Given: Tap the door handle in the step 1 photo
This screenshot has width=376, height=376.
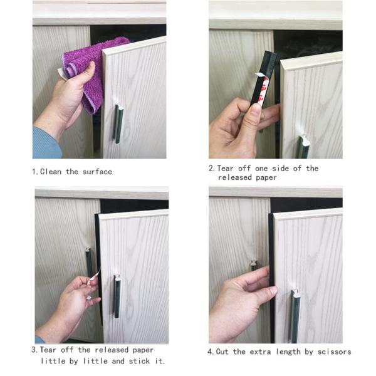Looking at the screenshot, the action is tap(118, 123).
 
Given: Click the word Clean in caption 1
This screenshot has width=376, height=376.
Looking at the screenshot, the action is tap(51, 172).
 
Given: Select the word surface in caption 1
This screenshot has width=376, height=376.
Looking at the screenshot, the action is tap(97, 172).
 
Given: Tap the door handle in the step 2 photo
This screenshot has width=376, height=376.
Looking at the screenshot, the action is tap(303, 146).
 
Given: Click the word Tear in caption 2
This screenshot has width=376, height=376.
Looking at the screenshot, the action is tap(225, 169).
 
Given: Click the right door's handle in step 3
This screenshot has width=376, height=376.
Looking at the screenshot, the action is tap(117, 296).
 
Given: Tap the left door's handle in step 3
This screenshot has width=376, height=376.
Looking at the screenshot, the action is tap(88, 261).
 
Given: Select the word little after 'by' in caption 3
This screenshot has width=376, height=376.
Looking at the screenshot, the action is tap(95, 361).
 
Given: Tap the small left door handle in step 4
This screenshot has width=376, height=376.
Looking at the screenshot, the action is tap(254, 265).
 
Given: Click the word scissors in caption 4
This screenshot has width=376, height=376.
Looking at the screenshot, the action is tap(334, 352).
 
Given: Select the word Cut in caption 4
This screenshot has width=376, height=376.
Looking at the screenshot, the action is tap(222, 352).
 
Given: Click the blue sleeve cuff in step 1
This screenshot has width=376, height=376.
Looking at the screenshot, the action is tap(47, 144).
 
